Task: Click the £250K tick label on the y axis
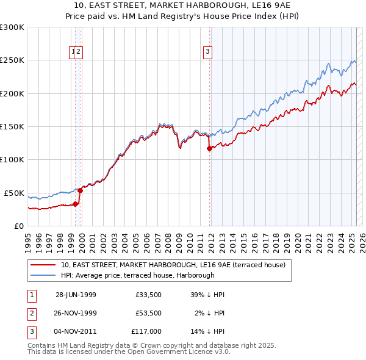(12, 60)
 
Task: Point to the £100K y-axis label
(12, 159)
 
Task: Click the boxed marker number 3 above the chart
(208, 52)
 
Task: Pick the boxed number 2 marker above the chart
(79, 52)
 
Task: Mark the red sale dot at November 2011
(209, 148)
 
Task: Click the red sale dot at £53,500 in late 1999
(80, 190)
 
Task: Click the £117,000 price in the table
(146, 331)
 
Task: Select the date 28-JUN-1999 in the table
(76, 295)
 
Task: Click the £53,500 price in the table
(148, 313)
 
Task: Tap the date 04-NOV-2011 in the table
(76, 331)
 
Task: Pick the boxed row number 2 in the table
(31, 313)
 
